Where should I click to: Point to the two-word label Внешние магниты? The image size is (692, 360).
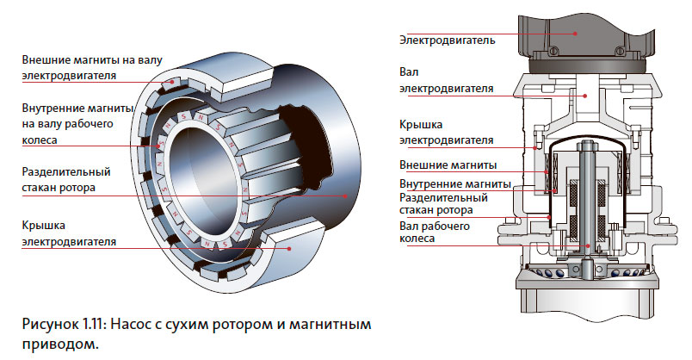448,165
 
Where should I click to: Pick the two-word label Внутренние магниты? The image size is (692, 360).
454,183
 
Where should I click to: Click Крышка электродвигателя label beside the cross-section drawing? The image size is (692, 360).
446,132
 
